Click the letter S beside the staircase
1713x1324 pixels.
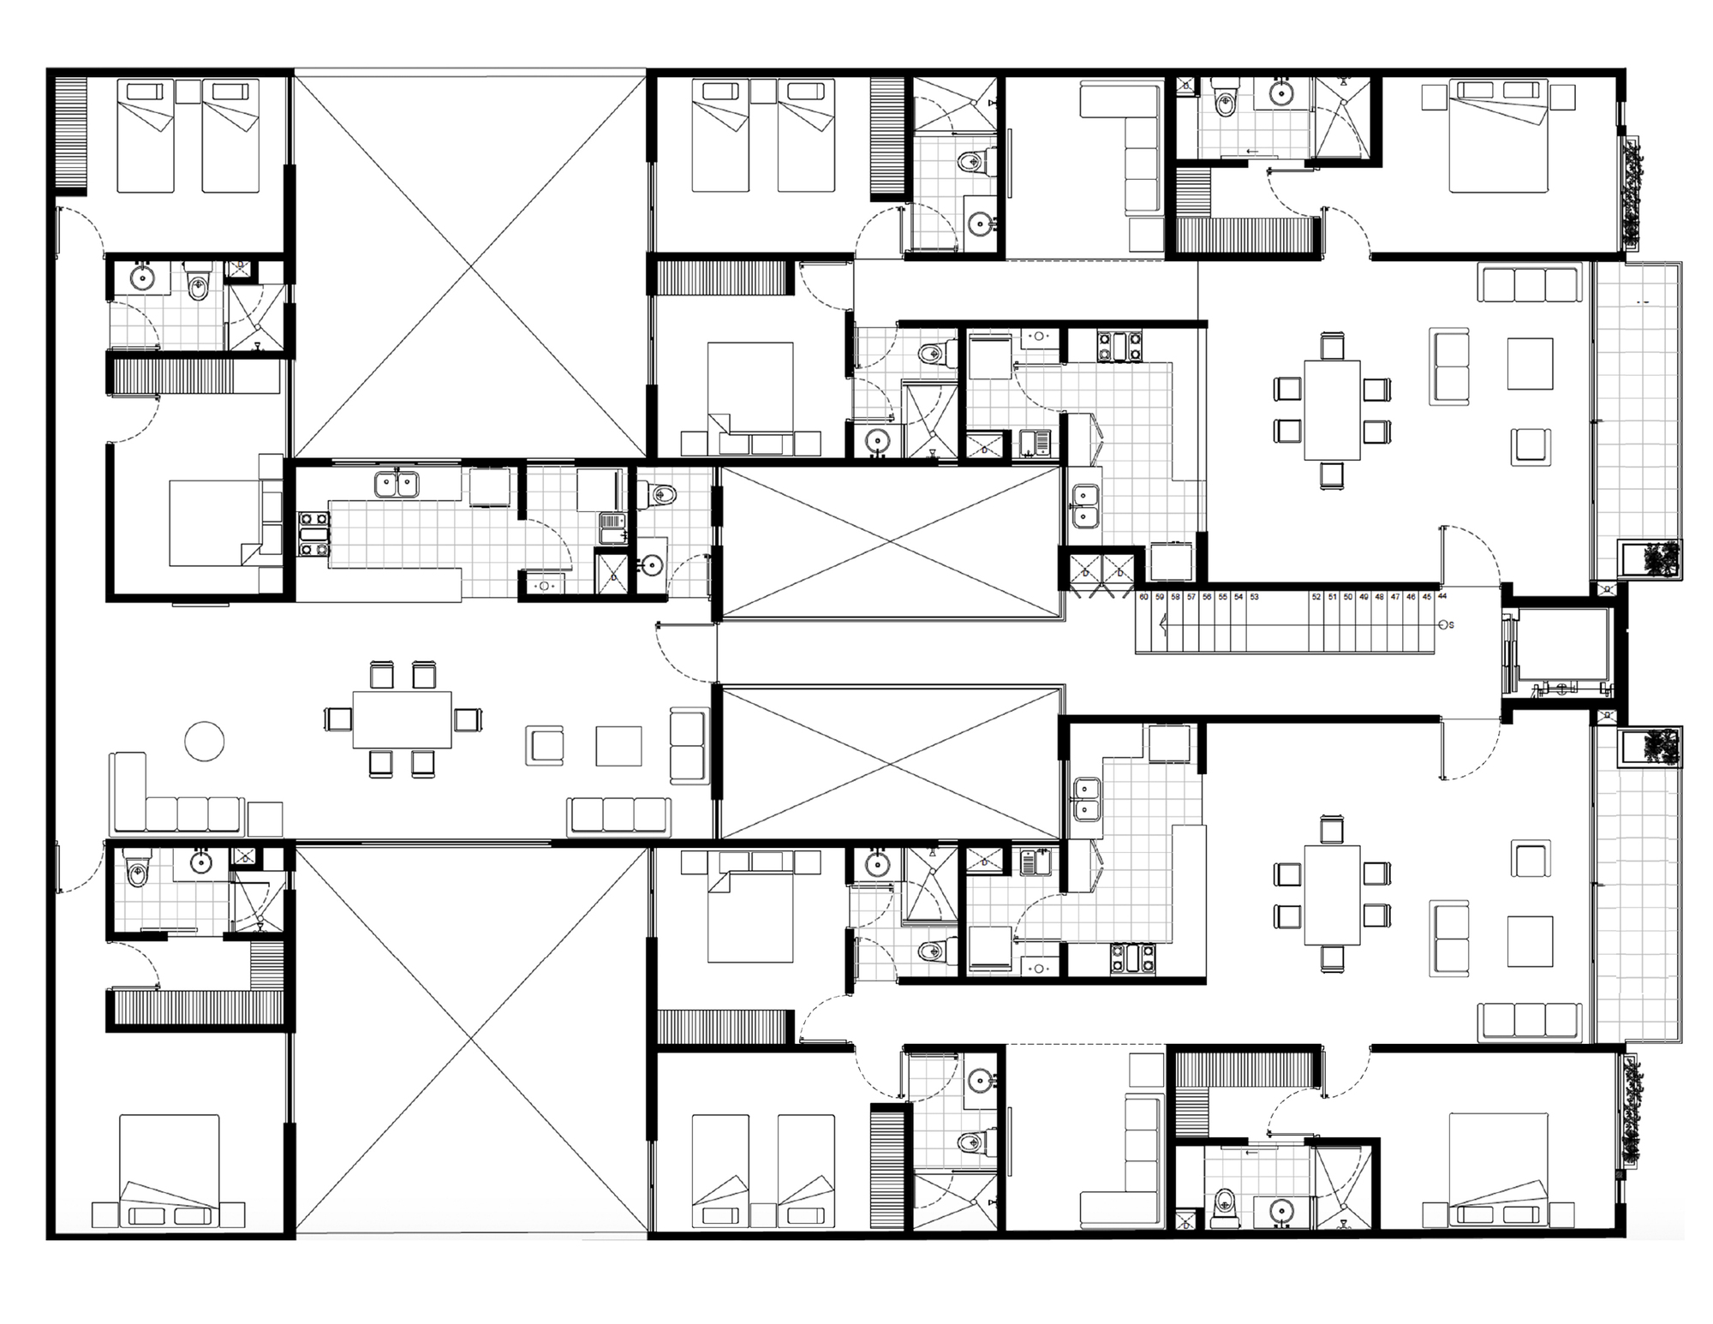tap(1450, 625)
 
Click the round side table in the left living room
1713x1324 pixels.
tap(206, 741)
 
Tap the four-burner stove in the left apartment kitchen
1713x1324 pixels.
tap(313, 534)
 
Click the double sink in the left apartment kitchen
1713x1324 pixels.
tap(397, 485)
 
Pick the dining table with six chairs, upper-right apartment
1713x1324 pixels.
tap(1332, 410)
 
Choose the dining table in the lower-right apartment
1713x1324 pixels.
tap(1332, 895)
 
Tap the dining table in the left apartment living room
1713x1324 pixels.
tap(403, 719)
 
